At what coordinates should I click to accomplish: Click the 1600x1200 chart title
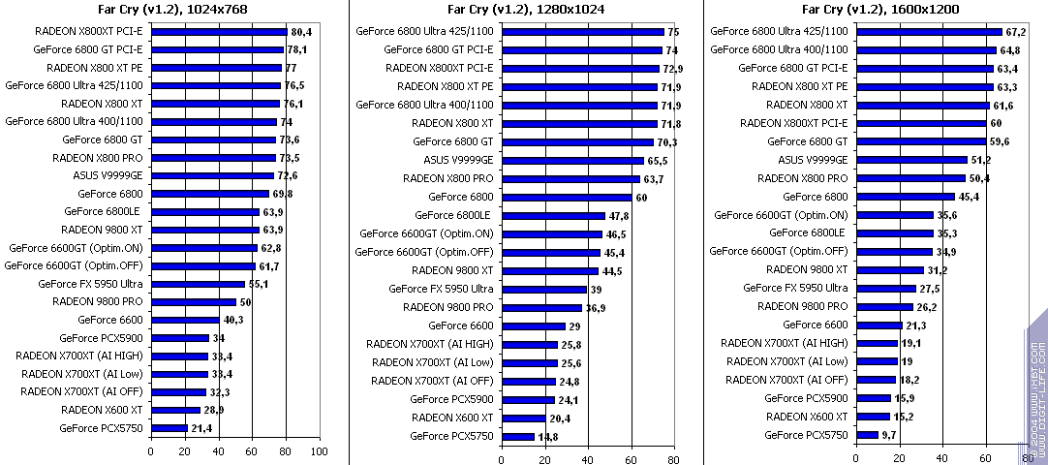pos(879,11)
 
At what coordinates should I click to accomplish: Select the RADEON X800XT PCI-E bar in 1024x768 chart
pos(219,31)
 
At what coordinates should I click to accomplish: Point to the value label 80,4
pos(300,32)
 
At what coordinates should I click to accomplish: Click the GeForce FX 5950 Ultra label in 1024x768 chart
pos(91,284)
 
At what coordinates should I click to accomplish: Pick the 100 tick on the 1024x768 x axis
pos(319,450)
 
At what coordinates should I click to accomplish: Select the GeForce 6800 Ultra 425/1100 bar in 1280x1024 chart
pos(582,31)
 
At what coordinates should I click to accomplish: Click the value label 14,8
pos(548,437)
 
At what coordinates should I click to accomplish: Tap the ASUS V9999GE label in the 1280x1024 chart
pos(458,160)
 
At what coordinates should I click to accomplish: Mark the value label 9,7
pos(890,436)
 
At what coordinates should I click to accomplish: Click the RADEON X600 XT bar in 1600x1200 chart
pos(873,417)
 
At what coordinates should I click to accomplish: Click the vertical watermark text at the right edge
pos(1037,387)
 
